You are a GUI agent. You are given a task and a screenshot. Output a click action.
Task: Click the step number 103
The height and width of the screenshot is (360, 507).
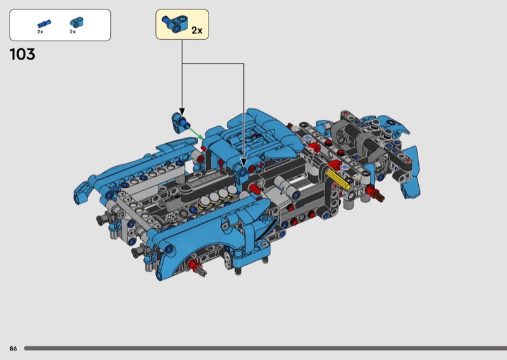pos(22,55)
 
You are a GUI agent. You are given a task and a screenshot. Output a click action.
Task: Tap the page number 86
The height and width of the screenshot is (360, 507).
pos(13,349)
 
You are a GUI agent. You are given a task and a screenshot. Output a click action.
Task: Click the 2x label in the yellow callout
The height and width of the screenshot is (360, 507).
pos(196,30)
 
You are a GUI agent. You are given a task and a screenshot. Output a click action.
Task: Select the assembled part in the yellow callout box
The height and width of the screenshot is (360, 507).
pos(175,23)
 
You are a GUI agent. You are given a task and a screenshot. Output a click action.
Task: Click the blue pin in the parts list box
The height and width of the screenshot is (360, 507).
pos(44,24)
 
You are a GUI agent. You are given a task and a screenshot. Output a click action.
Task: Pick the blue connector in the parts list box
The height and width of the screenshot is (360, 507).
pos(77,23)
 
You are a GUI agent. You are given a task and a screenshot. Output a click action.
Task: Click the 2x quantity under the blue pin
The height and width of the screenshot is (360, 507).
pos(40,32)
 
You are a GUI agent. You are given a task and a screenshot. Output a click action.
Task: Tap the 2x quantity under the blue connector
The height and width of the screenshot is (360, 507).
pos(73,32)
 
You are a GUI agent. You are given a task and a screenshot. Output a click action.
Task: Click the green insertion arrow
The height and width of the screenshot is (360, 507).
pos(196,133)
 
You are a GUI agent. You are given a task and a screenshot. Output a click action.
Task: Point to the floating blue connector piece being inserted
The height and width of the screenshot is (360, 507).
pos(180,122)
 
